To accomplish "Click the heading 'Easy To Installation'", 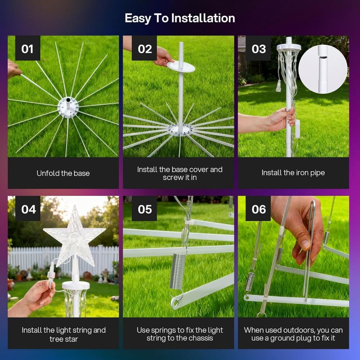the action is pyautogui.click(x=180, y=18).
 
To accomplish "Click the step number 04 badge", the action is pyautogui.click(x=28, y=208).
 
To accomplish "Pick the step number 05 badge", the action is pyautogui.click(x=144, y=208).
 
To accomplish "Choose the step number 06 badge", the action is pyautogui.click(x=258, y=208).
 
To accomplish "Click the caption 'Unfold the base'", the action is pyautogui.click(x=63, y=174).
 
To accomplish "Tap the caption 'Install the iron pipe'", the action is pyautogui.click(x=293, y=173).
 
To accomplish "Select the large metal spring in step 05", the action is pyautogui.click(x=177, y=271).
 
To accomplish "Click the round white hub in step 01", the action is pyautogui.click(x=68, y=107).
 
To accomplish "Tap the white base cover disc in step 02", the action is pyautogui.click(x=181, y=66).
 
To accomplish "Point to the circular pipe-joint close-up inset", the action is pyautogui.click(x=323, y=69).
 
